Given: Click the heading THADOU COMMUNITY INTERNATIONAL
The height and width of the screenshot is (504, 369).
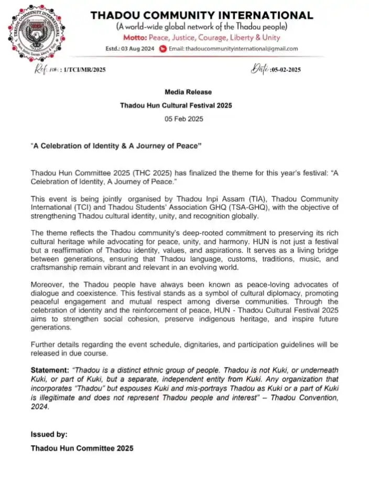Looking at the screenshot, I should [202, 15].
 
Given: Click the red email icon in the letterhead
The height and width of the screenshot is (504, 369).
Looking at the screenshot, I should [163, 49].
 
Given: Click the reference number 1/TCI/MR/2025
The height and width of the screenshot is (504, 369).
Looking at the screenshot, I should [84, 70].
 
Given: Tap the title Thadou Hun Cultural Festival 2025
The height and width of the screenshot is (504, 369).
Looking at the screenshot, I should [176, 106].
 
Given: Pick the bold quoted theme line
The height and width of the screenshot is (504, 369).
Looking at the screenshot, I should [116, 145].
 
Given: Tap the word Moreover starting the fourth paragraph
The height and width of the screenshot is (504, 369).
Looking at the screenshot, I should [47, 284].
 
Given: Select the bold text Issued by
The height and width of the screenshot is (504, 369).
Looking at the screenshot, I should [49, 434].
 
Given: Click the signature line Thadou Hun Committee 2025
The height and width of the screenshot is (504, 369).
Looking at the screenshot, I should [82, 448].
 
